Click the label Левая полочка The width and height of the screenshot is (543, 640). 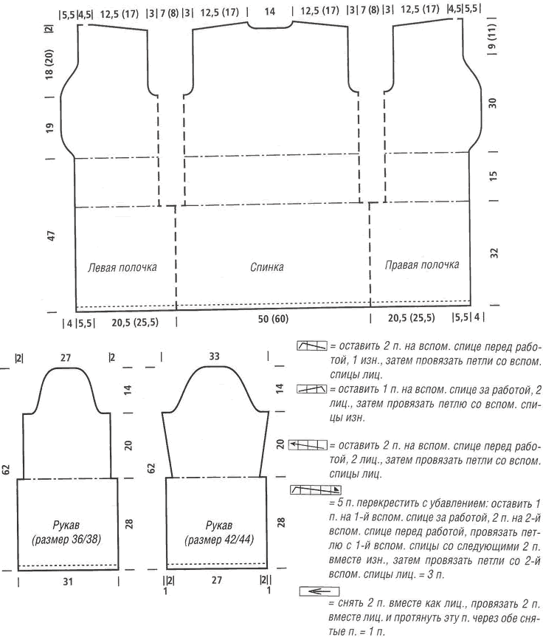pyautogui.click(x=122, y=267)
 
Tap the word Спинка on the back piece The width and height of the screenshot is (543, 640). pyautogui.click(x=267, y=267)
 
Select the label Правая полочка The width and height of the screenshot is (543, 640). pyautogui.click(x=422, y=265)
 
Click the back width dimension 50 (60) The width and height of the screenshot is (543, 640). pyautogui.click(x=273, y=319)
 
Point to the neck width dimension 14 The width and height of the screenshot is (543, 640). pyautogui.click(x=270, y=11)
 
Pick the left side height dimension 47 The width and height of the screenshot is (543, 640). pyautogui.click(x=51, y=235)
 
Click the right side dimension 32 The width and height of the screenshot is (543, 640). pyautogui.click(x=494, y=253)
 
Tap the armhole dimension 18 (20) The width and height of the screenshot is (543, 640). pyautogui.click(x=49, y=66)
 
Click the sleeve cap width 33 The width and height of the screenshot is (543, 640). pyautogui.click(x=214, y=357)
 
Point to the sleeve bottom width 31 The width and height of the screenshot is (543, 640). pyautogui.click(x=68, y=581)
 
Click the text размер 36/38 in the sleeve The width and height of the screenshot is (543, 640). pyautogui.click(x=66, y=539)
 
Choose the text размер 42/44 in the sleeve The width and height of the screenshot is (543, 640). pyautogui.click(x=219, y=540)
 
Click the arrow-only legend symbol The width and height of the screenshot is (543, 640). pyautogui.click(x=319, y=591)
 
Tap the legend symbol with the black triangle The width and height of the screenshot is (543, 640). pyautogui.click(x=315, y=490)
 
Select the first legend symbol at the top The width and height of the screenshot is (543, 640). pyautogui.click(x=312, y=345)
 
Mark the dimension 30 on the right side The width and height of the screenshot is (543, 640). pyautogui.click(x=493, y=103)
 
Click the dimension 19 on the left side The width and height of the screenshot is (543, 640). pyautogui.click(x=49, y=128)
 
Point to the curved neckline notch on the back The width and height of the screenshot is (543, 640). pyautogui.click(x=270, y=27)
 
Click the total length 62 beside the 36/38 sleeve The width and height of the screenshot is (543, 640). pyautogui.click(x=7, y=469)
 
